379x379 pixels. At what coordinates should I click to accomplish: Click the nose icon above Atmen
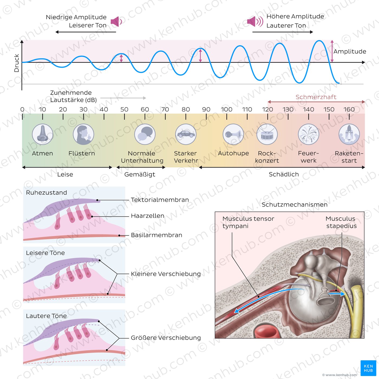click(43, 134)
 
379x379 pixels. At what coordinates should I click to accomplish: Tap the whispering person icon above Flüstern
click(83, 134)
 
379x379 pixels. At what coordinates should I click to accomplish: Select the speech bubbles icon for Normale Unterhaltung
click(145, 134)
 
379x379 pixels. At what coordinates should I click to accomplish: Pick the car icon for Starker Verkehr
click(186, 134)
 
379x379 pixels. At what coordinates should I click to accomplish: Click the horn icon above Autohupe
click(233, 134)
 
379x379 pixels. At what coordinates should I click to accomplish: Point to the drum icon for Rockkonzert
click(267, 134)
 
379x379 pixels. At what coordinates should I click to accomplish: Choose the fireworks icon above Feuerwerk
click(309, 134)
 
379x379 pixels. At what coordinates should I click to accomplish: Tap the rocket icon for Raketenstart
click(349, 134)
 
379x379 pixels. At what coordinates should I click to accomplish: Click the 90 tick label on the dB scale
click(206, 109)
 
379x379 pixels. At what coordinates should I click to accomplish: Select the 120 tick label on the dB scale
click(267, 109)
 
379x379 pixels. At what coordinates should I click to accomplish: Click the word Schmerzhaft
click(316, 97)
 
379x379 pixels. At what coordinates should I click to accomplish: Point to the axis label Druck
click(17, 63)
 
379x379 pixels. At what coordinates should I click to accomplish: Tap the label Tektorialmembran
click(160, 200)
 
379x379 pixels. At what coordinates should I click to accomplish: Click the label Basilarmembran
click(156, 235)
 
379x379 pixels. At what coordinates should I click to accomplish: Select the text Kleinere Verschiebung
click(166, 274)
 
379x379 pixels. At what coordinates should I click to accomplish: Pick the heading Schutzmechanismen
click(295, 205)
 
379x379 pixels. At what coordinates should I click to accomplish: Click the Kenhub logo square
click(368, 368)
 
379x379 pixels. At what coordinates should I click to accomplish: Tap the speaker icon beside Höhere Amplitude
click(255, 21)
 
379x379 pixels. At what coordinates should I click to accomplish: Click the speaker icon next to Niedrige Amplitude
click(116, 21)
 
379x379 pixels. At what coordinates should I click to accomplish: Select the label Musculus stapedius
click(341, 222)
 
